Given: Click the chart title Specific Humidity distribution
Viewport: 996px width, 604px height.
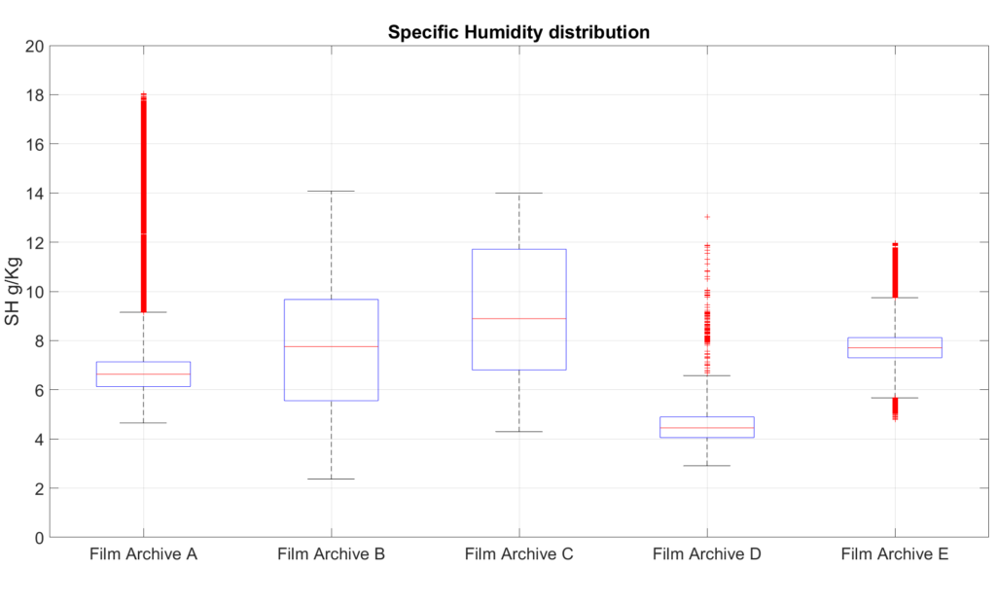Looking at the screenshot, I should point(518,32).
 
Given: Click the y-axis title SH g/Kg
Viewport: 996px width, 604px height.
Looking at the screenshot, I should point(13,291).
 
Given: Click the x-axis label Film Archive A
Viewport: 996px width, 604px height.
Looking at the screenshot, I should point(143,555).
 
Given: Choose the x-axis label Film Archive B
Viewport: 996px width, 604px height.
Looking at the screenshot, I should point(331,555).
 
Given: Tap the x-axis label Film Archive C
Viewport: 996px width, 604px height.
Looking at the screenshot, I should point(518,555).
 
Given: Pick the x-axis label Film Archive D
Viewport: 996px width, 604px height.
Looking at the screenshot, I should point(706,555).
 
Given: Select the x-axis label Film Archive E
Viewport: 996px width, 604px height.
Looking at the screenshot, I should point(894,555).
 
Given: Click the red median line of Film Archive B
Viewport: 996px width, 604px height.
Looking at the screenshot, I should point(331,346).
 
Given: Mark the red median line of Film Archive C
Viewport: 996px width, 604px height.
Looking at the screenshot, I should point(518,318).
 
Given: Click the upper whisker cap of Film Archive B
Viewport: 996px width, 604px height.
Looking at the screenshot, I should point(331,192).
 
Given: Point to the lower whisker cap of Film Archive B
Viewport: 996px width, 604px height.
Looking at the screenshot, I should point(331,479).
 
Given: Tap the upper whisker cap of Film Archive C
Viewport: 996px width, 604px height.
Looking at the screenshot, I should point(518,194).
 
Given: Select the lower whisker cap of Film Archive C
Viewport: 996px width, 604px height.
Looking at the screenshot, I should point(518,431).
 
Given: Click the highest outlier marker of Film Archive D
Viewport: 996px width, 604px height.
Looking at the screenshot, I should point(707,217).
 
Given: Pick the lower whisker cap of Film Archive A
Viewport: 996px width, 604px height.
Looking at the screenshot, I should point(143,423).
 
